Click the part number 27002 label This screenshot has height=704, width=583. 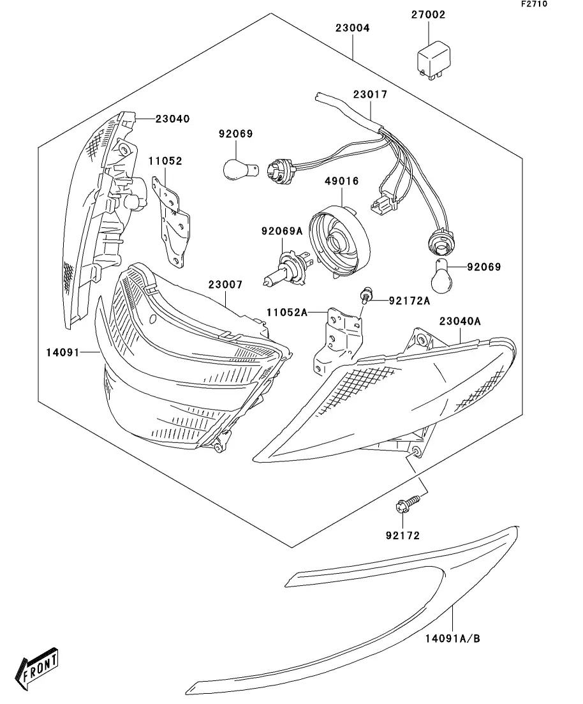pyautogui.click(x=428, y=15)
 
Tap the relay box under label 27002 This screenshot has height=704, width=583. pyautogui.click(x=434, y=61)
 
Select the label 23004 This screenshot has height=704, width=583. pyautogui.click(x=352, y=28)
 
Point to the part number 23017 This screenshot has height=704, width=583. pyautogui.click(x=370, y=94)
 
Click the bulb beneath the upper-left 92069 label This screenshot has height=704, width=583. pyautogui.click(x=241, y=170)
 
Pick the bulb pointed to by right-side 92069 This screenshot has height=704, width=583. pyautogui.click(x=443, y=276)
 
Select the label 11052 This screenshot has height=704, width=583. pyautogui.click(x=166, y=161)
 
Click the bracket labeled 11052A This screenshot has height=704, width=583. pyautogui.click(x=338, y=341)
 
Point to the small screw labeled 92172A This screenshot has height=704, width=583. pyautogui.click(x=365, y=296)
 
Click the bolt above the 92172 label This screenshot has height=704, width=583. pyautogui.click(x=408, y=503)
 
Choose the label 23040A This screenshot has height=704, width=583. pyautogui.click(x=460, y=322)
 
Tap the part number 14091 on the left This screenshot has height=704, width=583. pyautogui.click(x=63, y=353)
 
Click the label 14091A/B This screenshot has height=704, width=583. pyautogui.click(x=452, y=638)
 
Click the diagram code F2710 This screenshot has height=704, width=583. pyautogui.click(x=534, y=4)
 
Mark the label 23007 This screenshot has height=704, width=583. pyautogui.click(x=225, y=285)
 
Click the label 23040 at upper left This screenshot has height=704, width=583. pyautogui.click(x=173, y=119)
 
